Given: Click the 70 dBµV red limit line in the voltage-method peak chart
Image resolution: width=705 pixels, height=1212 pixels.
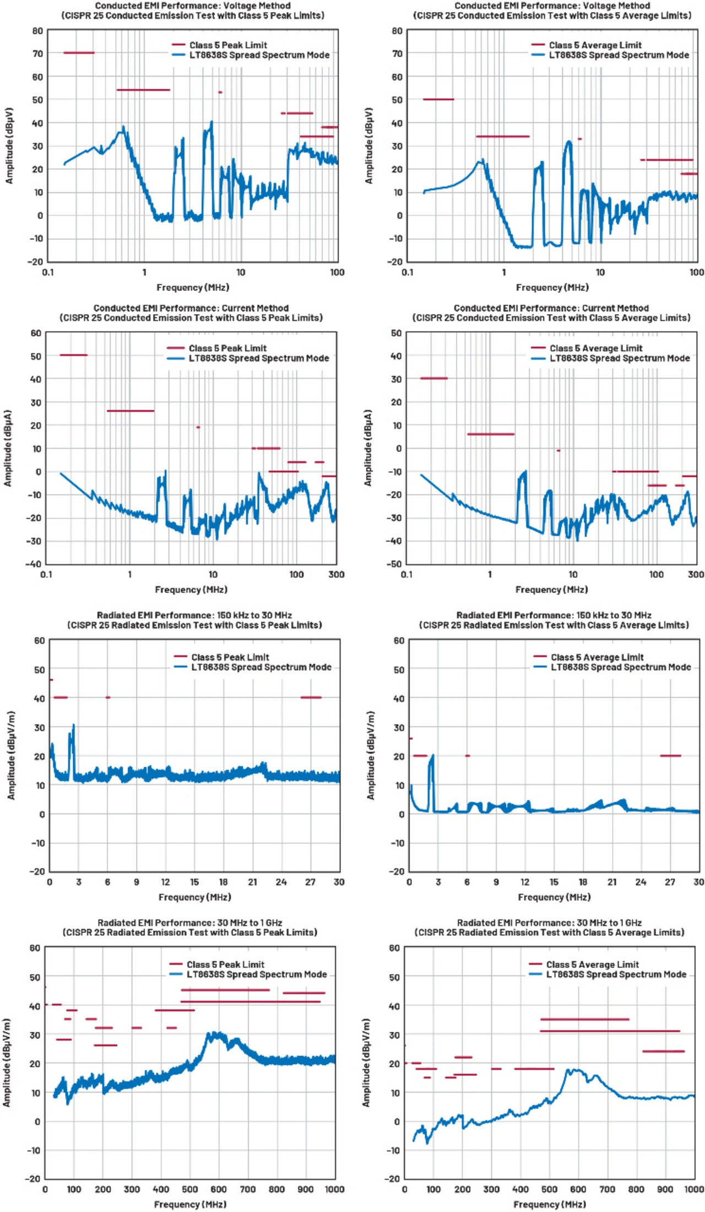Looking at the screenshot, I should pyautogui.click(x=79, y=53).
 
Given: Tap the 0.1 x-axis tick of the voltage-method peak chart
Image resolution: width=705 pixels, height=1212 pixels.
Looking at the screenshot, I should pyautogui.click(x=48, y=272).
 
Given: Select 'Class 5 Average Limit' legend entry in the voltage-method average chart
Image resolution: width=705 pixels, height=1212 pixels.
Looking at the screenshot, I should pyautogui.click(x=595, y=45).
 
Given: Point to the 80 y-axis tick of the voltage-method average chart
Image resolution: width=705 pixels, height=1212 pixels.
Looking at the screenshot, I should pyautogui.click(x=397, y=31).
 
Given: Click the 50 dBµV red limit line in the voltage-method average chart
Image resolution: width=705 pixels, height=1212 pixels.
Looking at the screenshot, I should pyautogui.click(x=438, y=99).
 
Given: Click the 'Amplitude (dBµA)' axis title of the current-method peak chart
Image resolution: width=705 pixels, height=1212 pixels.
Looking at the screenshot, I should pyautogui.click(x=8, y=448).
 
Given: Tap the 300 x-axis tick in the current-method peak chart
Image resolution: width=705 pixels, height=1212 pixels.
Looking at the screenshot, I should pyautogui.click(x=336, y=574).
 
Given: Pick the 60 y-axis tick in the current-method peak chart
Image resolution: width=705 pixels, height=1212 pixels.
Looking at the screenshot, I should pyautogui.click(x=36, y=333).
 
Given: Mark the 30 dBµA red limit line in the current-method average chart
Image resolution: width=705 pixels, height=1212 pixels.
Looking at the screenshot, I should pyautogui.click(x=434, y=378).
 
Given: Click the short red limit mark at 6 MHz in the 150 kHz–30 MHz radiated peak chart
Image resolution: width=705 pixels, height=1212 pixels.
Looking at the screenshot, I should pyautogui.click(x=108, y=697).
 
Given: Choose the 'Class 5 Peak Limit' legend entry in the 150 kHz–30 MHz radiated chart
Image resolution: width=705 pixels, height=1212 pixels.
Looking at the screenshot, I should pyautogui.click(x=230, y=657).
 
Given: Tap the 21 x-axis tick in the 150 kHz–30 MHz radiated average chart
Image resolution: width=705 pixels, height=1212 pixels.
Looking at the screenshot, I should pyautogui.click(x=612, y=882).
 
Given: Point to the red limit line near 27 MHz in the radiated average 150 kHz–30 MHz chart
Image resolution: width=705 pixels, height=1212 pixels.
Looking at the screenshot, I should pyautogui.click(x=670, y=756).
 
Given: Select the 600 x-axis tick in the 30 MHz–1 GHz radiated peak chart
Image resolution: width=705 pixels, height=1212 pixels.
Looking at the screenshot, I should pyautogui.click(x=219, y=1189).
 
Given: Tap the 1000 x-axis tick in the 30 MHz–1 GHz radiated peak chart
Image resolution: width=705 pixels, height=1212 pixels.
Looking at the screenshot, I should pyautogui.click(x=334, y=1189).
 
